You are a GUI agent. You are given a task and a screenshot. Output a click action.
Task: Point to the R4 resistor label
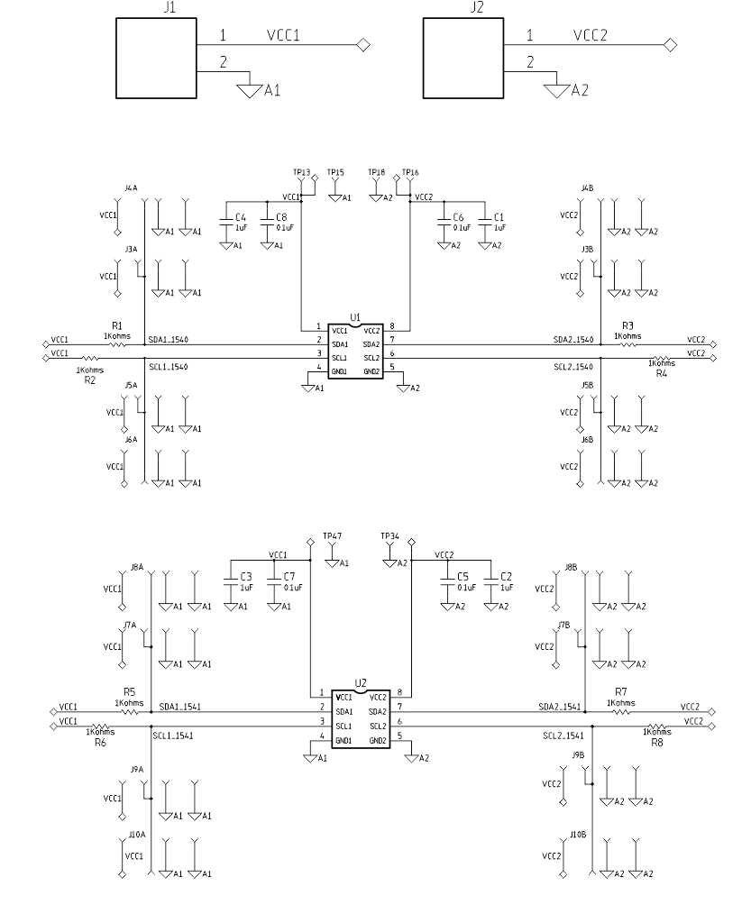[661, 372]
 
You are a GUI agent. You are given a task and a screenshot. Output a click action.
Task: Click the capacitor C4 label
[240, 218]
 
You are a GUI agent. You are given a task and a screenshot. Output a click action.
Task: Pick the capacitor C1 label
[499, 218]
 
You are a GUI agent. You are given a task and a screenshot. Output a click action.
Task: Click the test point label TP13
[302, 172]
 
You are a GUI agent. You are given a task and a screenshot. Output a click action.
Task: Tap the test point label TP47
[333, 535]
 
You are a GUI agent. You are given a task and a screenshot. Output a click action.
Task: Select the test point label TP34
[389, 535]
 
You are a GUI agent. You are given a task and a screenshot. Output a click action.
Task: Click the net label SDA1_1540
[169, 339]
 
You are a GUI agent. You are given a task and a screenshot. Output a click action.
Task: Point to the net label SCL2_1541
[564, 736]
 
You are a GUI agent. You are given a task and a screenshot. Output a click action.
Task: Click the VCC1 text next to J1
[282, 36]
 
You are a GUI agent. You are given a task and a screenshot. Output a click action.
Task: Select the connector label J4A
[131, 187]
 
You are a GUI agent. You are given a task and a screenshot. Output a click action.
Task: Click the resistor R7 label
[620, 692]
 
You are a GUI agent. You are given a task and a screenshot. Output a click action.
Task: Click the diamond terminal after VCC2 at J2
[669, 45]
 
